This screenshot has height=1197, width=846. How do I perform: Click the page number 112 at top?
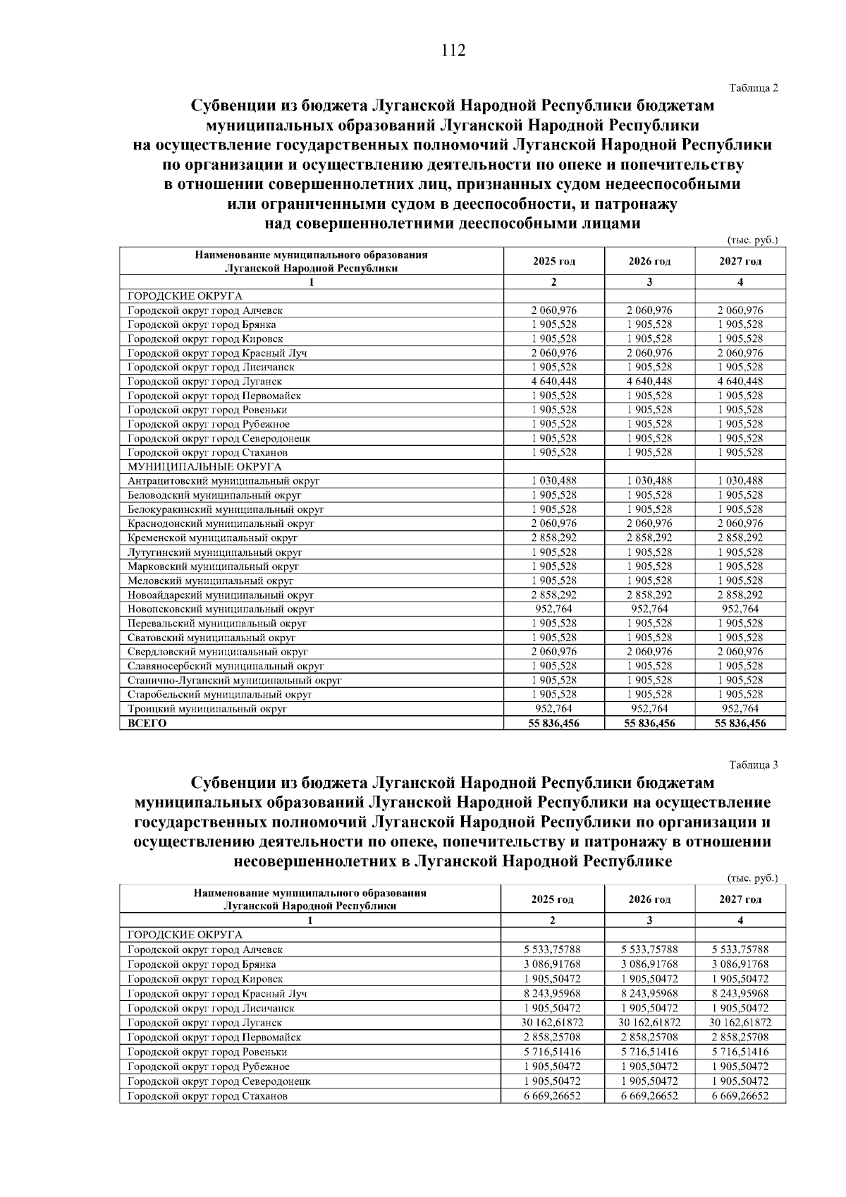(x=453, y=51)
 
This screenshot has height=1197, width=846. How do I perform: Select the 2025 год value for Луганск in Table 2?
(x=553, y=382)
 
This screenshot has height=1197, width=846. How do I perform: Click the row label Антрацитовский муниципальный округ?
(x=223, y=481)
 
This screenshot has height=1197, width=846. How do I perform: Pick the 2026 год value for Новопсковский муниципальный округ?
(x=649, y=609)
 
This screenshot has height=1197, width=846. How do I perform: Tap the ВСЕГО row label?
(x=147, y=723)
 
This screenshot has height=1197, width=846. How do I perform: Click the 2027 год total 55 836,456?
(x=740, y=723)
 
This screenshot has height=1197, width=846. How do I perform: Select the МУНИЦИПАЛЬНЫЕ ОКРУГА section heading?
(x=204, y=467)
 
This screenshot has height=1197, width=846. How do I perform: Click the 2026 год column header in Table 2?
(x=649, y=262)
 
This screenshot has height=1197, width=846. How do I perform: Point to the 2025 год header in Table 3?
(x=552, y=899)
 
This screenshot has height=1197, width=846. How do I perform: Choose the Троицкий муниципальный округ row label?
(x=207, y=709)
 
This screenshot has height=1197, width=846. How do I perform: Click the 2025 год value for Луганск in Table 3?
(x=553, y=1022)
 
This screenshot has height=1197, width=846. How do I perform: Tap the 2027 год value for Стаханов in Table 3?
(x=740, y=1096)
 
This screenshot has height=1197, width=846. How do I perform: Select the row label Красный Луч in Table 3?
(x=217, y=993)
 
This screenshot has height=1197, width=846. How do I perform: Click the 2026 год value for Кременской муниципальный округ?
(x=649, y=537)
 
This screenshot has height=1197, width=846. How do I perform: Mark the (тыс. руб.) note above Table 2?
(x=752, y=241)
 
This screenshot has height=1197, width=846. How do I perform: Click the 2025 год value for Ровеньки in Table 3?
(x=553, y=1052)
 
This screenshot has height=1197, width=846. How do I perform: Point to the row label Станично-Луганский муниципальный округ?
(x=234, y=681)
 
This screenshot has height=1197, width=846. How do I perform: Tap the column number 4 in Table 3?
(x=740, y=920)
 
